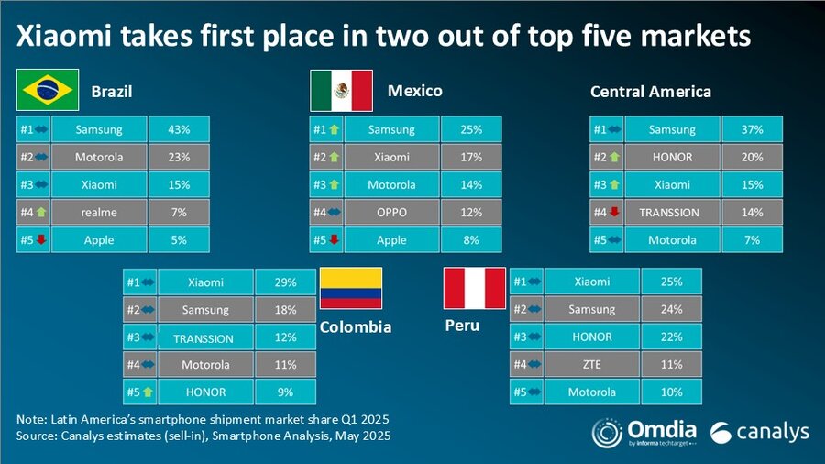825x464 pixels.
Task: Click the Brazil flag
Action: (x=47, y=90)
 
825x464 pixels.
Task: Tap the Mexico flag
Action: (x=341, y=90)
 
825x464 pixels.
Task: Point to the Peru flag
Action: (x=474, y=288)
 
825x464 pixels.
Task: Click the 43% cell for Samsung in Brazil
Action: (x=179, y=129)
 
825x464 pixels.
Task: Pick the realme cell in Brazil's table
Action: (x=100, y=212)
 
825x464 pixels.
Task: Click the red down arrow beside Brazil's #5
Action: (x=41, y=240)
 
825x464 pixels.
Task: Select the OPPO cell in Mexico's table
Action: (x=392, y=212)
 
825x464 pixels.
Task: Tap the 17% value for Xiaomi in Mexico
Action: (x=471, y=157)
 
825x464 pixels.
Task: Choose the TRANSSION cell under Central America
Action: (x=669, y=212)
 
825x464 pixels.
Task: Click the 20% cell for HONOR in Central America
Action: (x=752, y=157)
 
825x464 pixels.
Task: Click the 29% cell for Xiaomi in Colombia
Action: (x=285, y=282)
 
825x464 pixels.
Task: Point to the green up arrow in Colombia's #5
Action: (x=148, y=392)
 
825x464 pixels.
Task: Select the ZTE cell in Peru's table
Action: (x=591, y=364)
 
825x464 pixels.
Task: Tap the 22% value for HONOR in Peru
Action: (x=670, y=337)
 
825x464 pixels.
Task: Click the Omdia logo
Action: (x=643, y=432)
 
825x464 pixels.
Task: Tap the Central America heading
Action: (x=650, y=92)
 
